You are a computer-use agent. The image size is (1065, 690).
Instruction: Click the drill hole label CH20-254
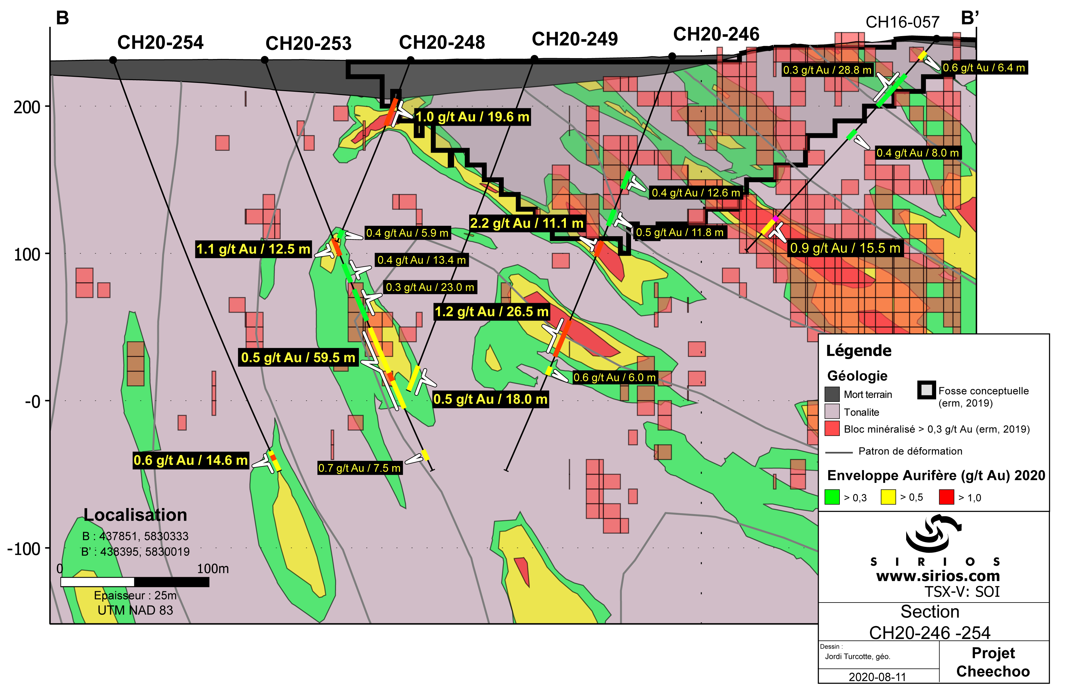(160, 43)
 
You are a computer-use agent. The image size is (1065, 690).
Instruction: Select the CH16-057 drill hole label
(902, 22)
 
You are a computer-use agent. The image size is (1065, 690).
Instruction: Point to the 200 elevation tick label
(27, 107)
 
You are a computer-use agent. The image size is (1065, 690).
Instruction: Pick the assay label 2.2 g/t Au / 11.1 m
(527, 223)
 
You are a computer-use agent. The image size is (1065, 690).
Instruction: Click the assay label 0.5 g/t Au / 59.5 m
(298, 357)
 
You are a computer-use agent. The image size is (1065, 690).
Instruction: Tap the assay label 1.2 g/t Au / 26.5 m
(491, 311)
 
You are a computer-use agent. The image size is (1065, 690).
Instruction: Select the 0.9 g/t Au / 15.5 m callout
(845, 248)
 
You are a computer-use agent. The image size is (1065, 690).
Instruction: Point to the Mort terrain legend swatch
(832, 394)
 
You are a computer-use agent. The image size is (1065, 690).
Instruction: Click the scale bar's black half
(171, 582)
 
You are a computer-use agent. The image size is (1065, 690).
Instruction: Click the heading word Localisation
(135, 515)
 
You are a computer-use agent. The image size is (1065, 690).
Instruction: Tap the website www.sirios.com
(938, 576)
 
